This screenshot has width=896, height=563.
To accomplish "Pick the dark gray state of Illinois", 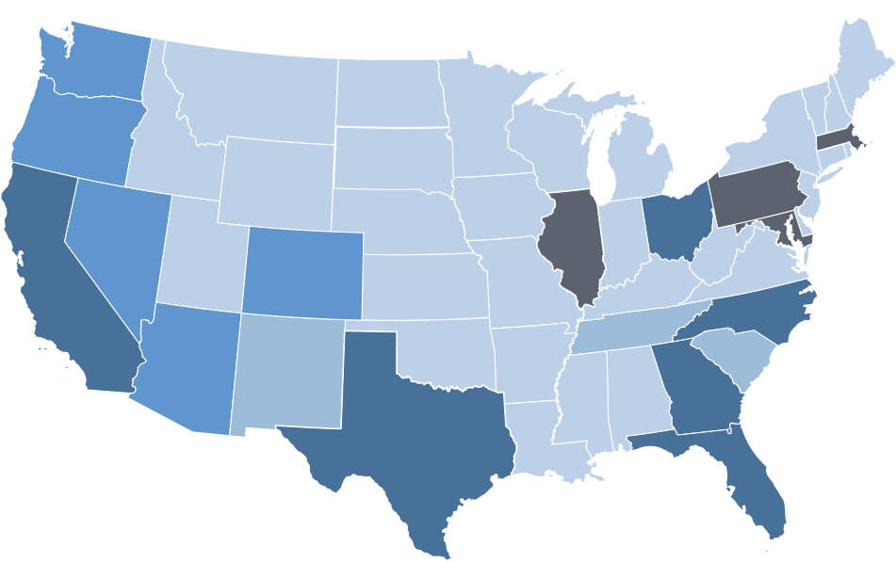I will (572, 245).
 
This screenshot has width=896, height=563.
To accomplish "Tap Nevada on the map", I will (113, 245).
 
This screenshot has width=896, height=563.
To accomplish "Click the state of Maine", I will (867, 66).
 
